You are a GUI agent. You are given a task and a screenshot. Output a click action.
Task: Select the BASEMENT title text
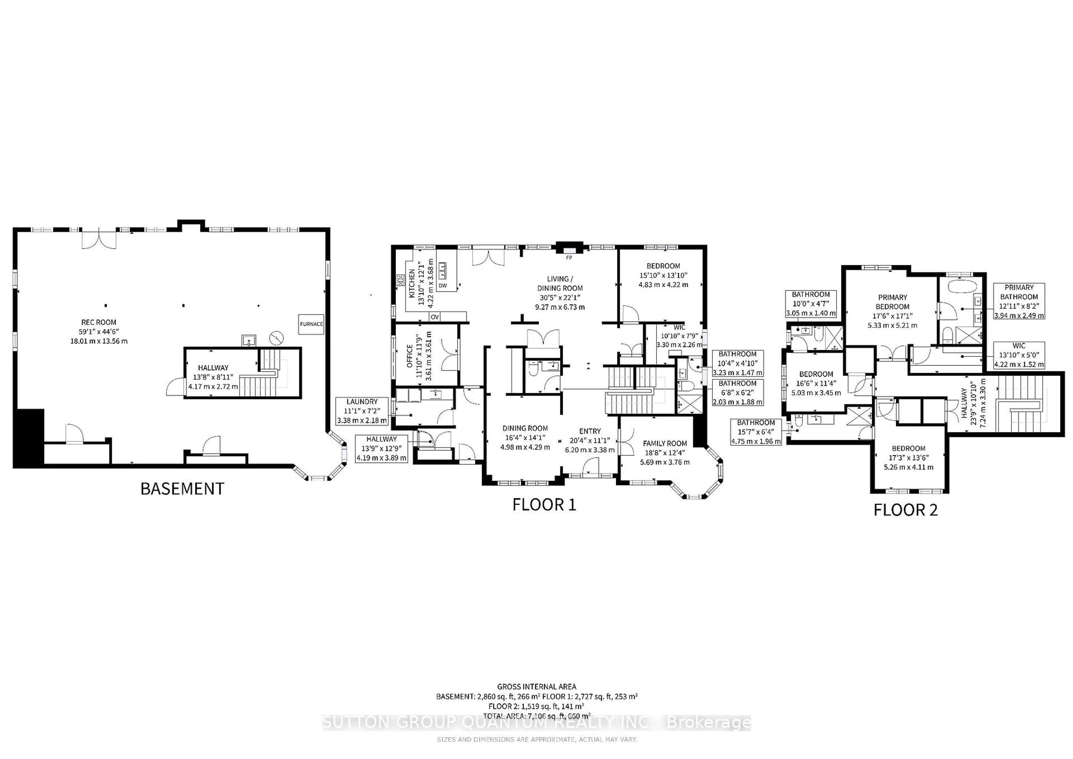(x=182, y=489)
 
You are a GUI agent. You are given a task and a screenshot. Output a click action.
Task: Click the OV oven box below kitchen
(x=435, y=317)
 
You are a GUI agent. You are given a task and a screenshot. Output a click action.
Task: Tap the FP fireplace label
(x=569, y=258)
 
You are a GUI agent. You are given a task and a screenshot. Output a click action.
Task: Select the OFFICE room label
(x=410, y=356)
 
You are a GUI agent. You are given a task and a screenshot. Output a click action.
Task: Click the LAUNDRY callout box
(x=362, y=411)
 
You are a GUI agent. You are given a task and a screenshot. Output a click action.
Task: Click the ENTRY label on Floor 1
(x=590, y=431)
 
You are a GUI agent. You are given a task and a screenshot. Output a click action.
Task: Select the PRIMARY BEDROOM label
(x=892, y=302)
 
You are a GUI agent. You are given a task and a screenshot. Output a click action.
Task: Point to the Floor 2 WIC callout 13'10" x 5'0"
(x=1019, y=355)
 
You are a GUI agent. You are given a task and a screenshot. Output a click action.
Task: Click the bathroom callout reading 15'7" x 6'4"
(x=756, y=432)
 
